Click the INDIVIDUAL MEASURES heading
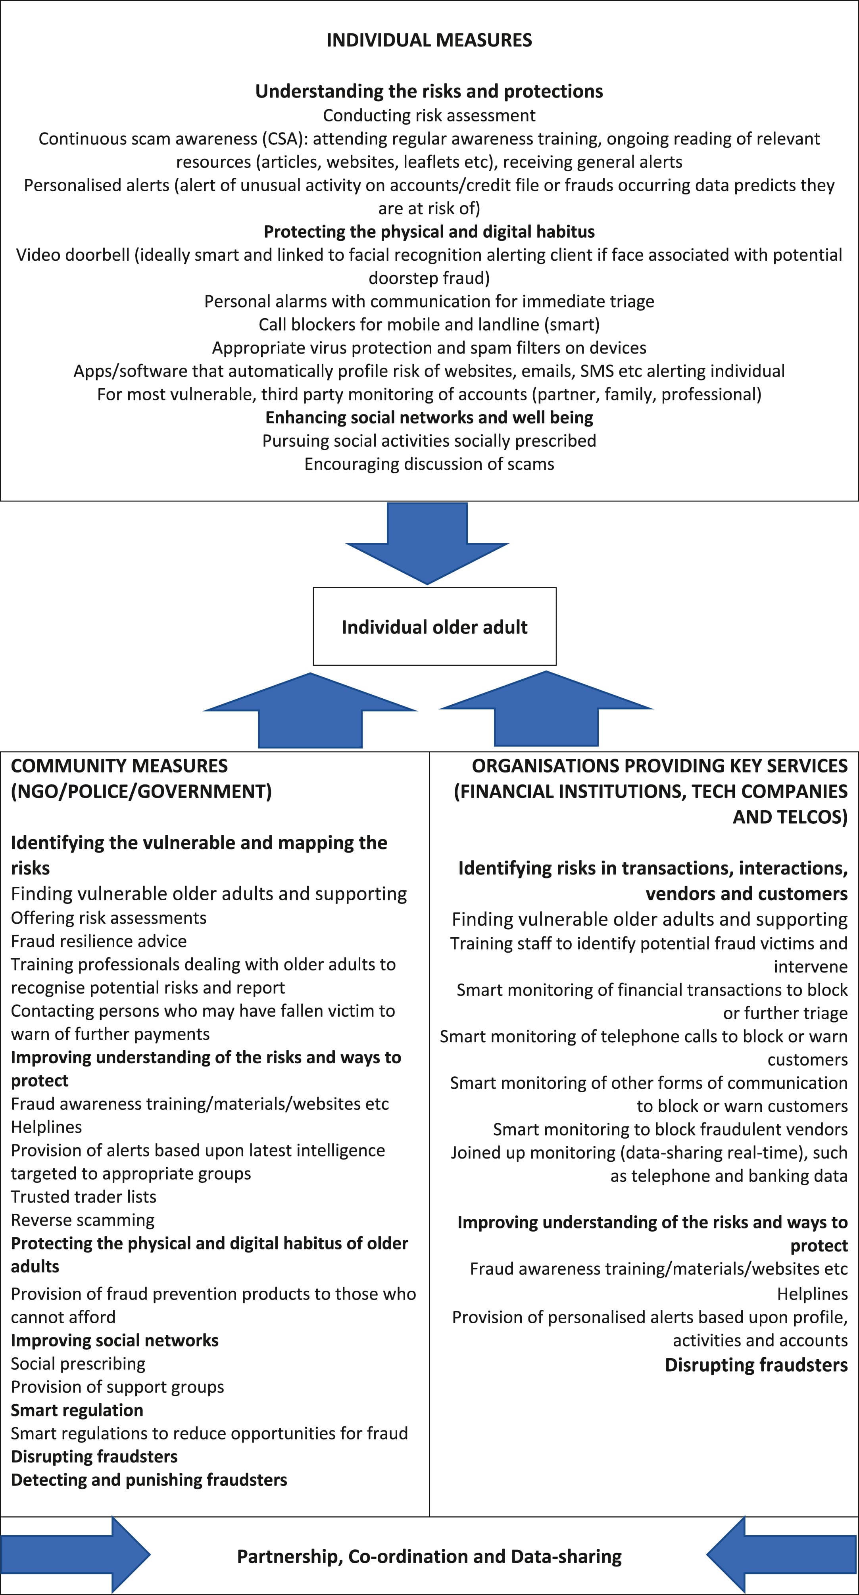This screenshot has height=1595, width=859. (x=429, y=40)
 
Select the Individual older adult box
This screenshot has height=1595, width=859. (x=434, y=626)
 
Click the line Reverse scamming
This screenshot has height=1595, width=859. (x=83, y=1220)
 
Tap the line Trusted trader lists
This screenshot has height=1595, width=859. (x=84, y=1196)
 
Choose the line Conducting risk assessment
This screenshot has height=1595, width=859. (x=429, y=115)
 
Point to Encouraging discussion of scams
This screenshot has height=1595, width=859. (x=429, y=464)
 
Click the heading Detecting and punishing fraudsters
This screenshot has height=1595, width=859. (x=149, y=1480)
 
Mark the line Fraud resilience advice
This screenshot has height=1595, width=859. (x=99, y=941)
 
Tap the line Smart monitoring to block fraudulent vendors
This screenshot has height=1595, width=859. (x=670, y=1129)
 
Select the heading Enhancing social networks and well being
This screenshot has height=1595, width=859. (x=429, y=417)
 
